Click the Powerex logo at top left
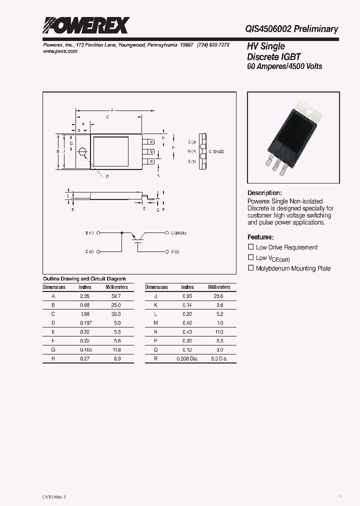85,25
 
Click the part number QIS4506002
267,29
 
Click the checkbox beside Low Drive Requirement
251,247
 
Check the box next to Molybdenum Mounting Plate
251,268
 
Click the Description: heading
264,193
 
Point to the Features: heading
260,237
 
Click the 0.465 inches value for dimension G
85,350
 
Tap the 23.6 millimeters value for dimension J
217,296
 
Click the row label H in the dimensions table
53,359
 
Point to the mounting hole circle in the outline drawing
82,152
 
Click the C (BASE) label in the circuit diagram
179,233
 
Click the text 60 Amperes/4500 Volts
284,66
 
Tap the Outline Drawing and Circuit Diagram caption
84,279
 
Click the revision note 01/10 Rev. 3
51,496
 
